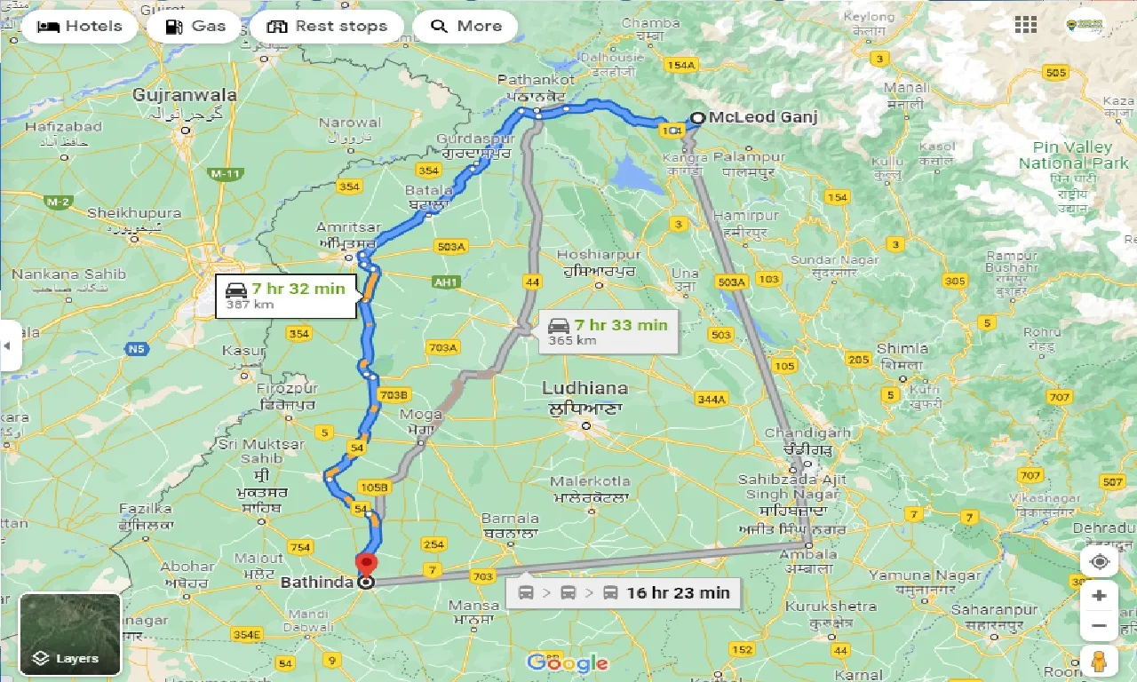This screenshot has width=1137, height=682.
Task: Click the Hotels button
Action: click(x=80, y=27)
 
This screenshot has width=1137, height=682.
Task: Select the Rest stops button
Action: click(x=327, y=27)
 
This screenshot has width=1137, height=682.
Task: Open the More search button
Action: click(x=465, y=27)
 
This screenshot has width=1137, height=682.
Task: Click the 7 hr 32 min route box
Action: click(x=286, y=296)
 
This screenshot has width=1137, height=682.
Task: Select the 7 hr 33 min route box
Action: click(x=608, y=332)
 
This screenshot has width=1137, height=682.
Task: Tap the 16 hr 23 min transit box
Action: click(x=624, y=593)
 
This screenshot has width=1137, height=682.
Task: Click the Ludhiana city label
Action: click(x=584, y=389)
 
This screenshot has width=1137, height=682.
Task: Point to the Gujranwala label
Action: click(x=185, y=95)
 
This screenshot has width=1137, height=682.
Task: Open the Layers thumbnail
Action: click(x=69, y=634)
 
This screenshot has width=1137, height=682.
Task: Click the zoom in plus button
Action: click(x=1099, y=595)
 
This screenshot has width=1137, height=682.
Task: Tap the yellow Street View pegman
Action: click(x=1099, y=662)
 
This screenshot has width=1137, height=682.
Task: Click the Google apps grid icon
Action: click(x=1026, y=25)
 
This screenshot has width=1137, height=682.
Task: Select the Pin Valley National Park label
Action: click(x=1073, y=155)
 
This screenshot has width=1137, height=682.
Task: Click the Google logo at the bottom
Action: click(x=568, y=662)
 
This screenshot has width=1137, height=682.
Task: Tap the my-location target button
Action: click(x=1099, y=562)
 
